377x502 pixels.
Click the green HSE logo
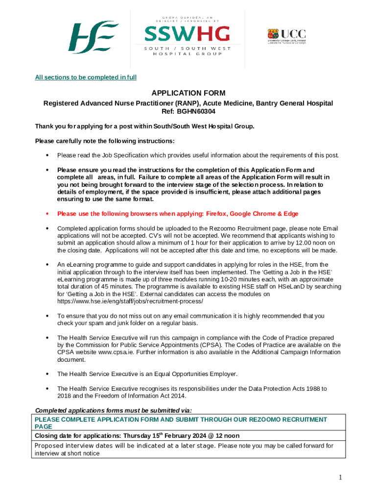[x=93, y=38]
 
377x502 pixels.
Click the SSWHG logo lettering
[x=187, y=34]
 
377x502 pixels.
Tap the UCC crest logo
[x=286, y=36]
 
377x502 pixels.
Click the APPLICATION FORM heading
[x=188, y=93]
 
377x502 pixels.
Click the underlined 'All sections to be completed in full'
[x=86, y=77]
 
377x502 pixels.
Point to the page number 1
[x=339, y=477]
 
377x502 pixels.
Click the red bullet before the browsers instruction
[x=47, y=214]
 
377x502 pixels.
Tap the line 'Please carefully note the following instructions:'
[x=104, y=141]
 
